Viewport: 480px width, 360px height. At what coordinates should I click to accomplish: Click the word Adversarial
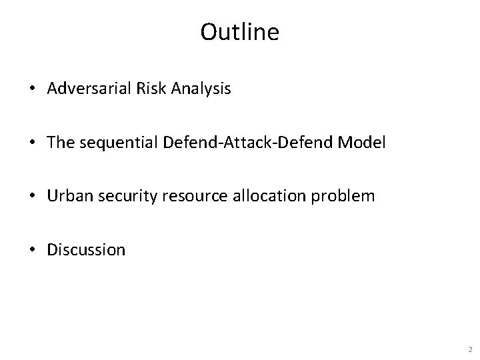pyautogui.click(x=84, y=89)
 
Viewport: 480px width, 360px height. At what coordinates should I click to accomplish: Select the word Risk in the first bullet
pyautogui.click(x=142, y=89)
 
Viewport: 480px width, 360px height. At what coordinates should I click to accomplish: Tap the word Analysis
pyautogui.click(x=198, y=89)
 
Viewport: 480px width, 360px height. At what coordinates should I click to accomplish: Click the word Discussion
pyautogui.click(x=86, y=249)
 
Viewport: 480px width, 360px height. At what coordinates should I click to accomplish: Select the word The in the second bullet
pyautogui.click(x=61, y=143)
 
